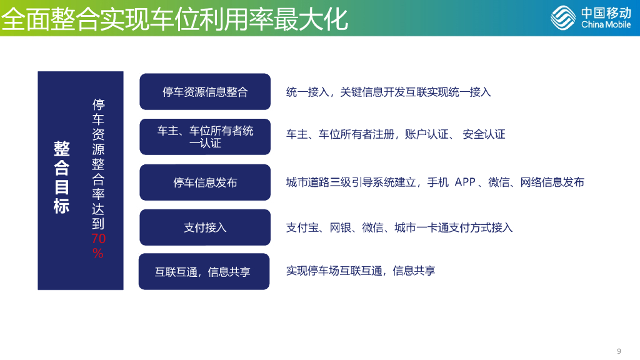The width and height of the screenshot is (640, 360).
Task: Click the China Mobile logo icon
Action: (x=563, y=17)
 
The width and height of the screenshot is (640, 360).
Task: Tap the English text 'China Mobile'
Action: (x=606, y=24)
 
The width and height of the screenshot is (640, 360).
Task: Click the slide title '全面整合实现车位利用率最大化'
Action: (x=174, y=19)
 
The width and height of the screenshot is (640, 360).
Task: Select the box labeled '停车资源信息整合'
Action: (x=205, y=92)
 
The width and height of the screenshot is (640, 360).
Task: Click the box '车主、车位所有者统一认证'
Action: (x=205, y=137)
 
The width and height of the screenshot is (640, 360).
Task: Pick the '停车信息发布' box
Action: (x=205, y=182)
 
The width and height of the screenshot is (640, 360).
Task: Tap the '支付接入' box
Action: (x=205, y=227)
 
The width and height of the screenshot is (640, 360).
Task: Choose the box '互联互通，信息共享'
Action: (x=203, y=272)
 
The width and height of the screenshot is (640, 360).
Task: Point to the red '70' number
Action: (x=99, y=239)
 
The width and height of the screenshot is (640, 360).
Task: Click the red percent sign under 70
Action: (x=98, y=252)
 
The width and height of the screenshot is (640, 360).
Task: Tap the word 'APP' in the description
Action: (x=465, y=182)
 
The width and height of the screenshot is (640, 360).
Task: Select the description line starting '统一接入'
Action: (x=388, y=92)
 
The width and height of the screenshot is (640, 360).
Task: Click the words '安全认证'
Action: (x=484, y=134)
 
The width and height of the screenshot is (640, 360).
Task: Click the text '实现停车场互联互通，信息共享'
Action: (x=361, y=271)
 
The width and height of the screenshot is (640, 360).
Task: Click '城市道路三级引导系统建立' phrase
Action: (x=351, y=182)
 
